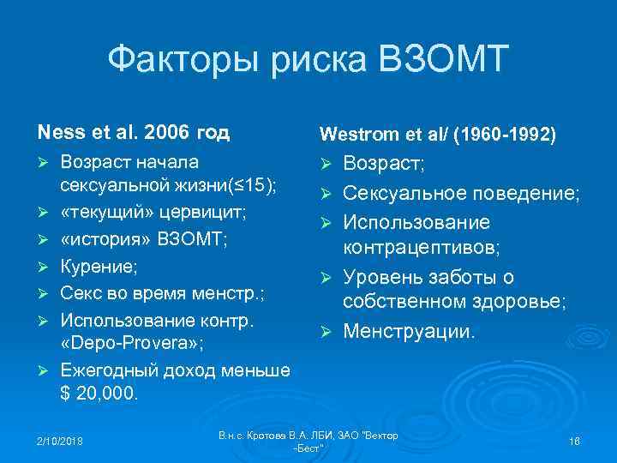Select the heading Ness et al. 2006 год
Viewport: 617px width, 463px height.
(133, 133)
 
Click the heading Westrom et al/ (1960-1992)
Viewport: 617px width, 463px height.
(437, 134)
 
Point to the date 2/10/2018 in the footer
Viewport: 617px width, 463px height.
(59, 442)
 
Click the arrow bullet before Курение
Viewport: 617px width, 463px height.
(43, 268)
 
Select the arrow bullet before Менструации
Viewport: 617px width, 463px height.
(325, 330)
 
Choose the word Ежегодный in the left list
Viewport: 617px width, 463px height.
(100, 370)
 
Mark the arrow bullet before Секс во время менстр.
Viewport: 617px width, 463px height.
(43, 293)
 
